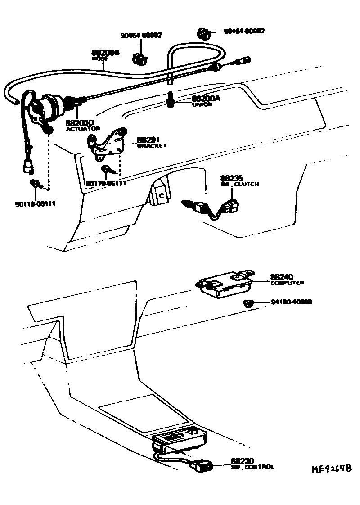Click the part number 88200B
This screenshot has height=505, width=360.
click(105, 53)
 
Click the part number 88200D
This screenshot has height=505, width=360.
click(80, 122)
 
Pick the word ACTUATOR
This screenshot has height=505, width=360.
click(82, 129)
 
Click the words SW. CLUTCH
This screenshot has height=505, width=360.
click(239, 184)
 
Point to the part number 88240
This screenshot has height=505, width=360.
click(282, 277)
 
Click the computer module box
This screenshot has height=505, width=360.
click(224, 285)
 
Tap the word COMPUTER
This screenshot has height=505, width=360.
click(287, 283)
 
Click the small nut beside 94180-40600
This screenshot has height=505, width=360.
click(248, 303)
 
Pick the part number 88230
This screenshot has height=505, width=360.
click(243, 461)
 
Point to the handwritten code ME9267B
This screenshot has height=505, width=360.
click(332, 469)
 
